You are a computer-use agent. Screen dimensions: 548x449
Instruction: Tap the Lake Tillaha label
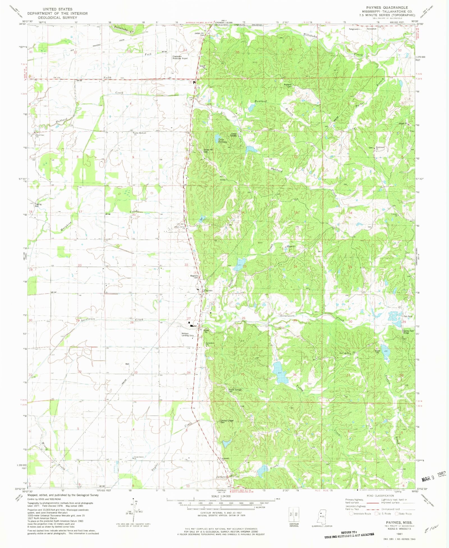221,140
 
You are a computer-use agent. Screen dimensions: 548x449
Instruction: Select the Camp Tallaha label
233,135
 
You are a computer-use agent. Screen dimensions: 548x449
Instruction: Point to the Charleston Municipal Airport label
180,57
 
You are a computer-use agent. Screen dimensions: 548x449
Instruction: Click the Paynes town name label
208,290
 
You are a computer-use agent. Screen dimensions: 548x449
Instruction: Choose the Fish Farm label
408,317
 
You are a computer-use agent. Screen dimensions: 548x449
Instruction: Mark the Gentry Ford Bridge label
408,332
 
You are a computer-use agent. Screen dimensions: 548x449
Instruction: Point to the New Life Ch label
344,353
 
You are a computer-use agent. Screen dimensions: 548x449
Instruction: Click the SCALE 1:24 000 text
221,496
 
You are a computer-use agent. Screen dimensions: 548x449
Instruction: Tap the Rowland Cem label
288,85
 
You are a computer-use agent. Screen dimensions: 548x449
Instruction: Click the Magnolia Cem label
194,276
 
